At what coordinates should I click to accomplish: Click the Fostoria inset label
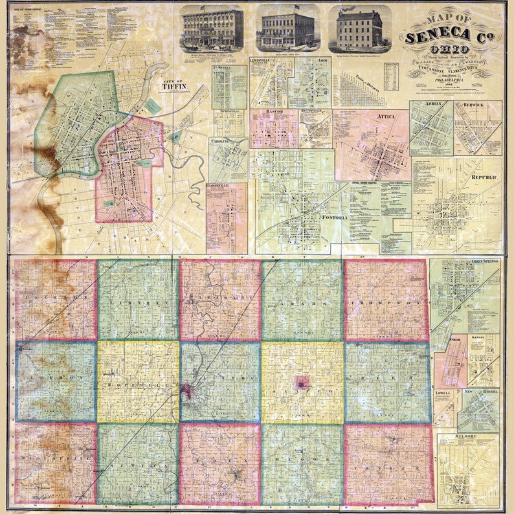335,217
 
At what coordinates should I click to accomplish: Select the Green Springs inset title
485,261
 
